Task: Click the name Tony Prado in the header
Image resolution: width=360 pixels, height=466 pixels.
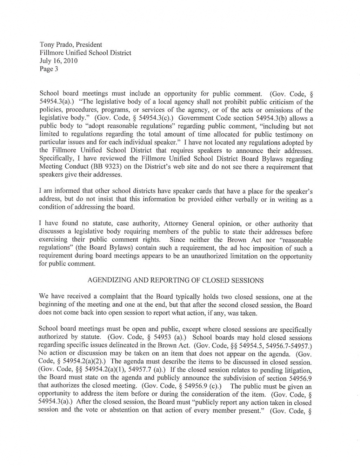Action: coord(55,45)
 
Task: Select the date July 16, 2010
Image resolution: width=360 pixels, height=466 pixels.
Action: coord(58,61)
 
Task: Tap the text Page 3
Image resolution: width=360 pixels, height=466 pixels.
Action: coord(49,69)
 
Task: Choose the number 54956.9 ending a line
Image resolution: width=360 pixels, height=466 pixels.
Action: coord(300,378)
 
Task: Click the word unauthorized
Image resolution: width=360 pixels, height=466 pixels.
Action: coord(209,256)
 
